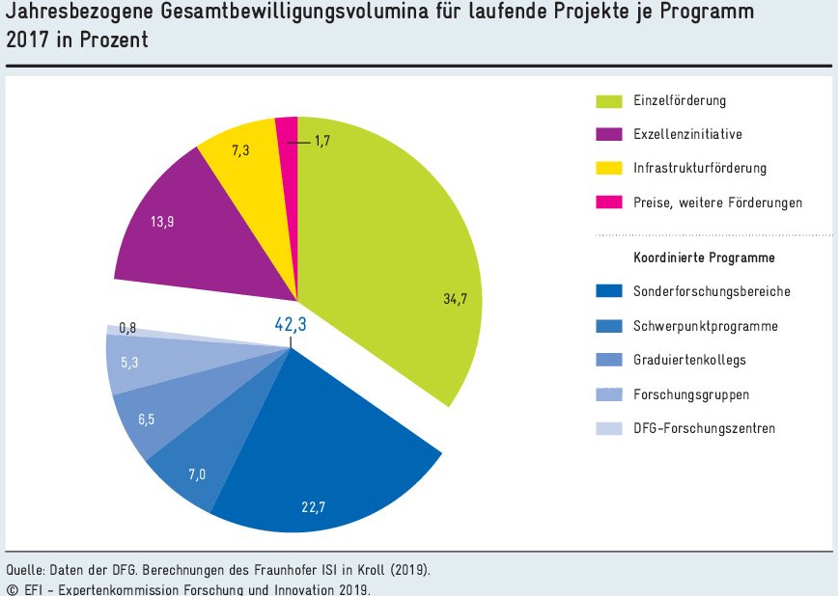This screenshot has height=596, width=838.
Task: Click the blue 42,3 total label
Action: [291, 325]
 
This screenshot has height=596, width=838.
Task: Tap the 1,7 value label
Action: [323, 142]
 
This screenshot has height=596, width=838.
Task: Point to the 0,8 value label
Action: [127, 329]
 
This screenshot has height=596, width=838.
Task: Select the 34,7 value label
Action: [456, 299]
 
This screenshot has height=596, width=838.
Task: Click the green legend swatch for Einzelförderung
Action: [609, 100]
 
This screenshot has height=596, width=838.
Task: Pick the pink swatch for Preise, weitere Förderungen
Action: [609, 203]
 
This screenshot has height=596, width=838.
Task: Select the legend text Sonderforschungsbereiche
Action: [712, 290]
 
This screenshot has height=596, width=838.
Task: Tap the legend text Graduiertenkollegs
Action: [689, 360]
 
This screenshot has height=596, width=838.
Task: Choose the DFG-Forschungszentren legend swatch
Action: [609, 428]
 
